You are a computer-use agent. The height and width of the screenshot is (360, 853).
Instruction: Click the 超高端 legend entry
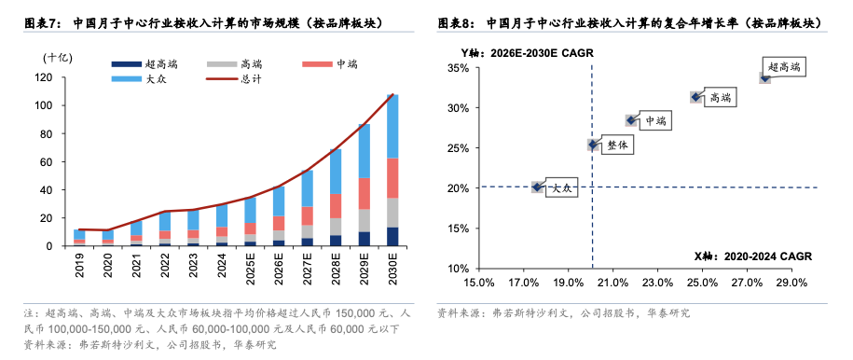click(x=144, y=64)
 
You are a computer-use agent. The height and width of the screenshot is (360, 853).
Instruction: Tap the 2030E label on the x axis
click(x=393, y=265)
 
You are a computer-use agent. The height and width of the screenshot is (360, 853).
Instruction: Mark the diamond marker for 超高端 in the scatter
click(x=764, y=78)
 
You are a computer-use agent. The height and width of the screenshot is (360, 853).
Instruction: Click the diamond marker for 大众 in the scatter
click(x=537, y=187)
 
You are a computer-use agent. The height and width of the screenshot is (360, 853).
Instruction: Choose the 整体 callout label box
click(x=617, y=145)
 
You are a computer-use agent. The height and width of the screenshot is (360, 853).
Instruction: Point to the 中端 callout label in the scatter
click(x=654, y=121)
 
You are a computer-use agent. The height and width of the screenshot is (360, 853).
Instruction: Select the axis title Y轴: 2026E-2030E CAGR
click(x=527, y=53)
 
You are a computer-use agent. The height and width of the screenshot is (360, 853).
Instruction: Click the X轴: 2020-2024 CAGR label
click(x=752, y=256)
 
